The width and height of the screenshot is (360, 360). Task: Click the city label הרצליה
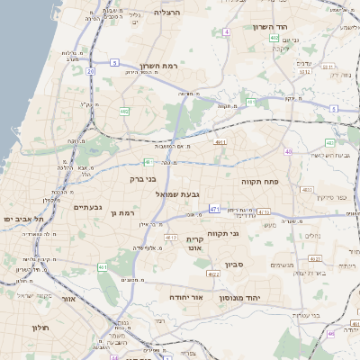(x=167, y=13)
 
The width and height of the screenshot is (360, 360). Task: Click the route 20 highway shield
(x=90, y=70)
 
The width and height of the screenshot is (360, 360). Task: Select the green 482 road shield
(x=124, y=111)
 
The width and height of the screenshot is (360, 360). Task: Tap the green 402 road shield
(x=274, y=38)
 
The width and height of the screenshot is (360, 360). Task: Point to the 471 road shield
(x=214, y=209)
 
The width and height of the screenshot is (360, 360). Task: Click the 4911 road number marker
(x=220, y=142)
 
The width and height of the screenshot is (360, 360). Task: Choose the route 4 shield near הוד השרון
(x=227, y=31)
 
